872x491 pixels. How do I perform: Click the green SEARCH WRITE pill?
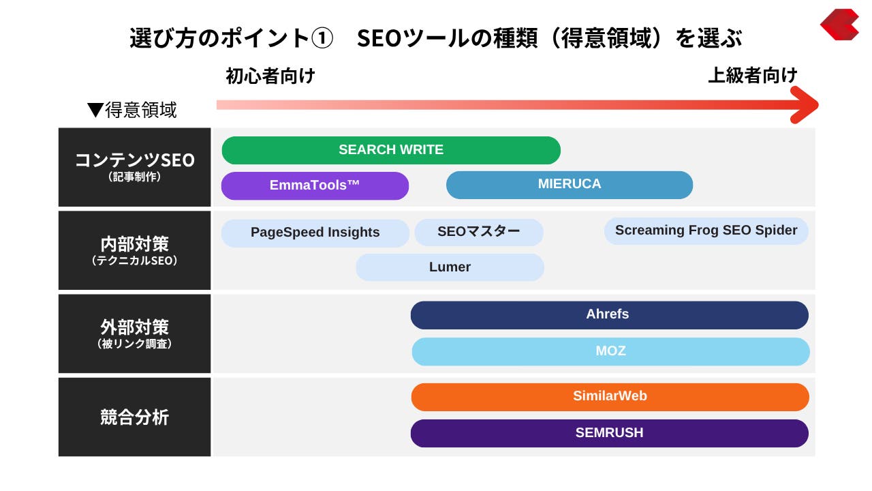pos(391,150)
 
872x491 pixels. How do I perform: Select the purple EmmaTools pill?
pos(315,185)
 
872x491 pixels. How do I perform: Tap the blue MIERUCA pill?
pos(570,185)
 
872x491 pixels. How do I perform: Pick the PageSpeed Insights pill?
pos(315,233)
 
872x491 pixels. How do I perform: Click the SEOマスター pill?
pos(479,232)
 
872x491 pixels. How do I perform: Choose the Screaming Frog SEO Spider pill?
pos(706,230)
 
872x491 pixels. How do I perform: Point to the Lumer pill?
pos(450,267)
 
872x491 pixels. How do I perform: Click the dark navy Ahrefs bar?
pos(610,315)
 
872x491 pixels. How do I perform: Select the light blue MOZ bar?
pos(611,351)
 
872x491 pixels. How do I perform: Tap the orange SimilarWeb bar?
pos(610,397)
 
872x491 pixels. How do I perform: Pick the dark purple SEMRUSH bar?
pos(610,433)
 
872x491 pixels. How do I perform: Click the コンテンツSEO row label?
pos(135,167)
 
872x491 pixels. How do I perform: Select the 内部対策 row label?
pos(135,250)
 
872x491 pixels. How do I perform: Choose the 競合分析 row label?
pos(135,417)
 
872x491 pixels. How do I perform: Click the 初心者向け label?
pos(270,76)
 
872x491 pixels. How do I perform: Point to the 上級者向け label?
pos(753,75)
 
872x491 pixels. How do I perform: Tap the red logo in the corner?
pos(840,25)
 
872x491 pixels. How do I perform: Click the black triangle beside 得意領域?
pos(95,110)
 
